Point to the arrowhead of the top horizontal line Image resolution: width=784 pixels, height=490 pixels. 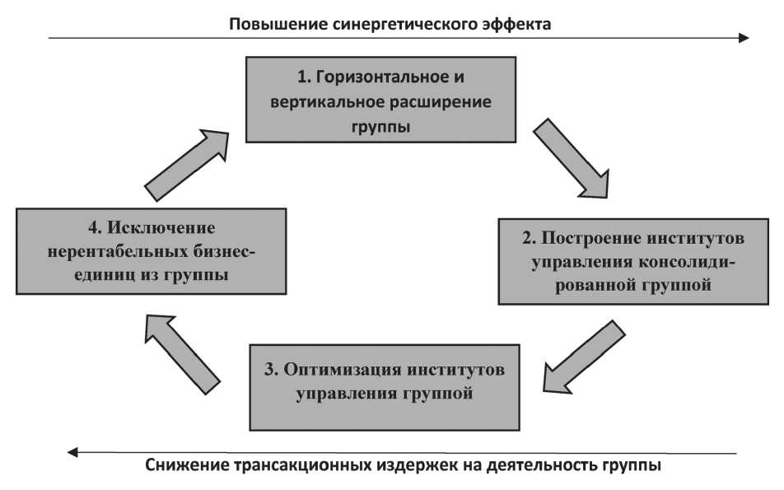744,38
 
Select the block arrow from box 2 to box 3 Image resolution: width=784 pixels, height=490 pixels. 583,357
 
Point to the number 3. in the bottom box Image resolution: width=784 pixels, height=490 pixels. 271,370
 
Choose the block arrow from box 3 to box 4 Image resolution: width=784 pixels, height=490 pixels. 181,353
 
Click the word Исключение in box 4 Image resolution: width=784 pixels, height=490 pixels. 161,228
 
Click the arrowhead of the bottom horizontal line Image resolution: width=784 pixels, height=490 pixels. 73,452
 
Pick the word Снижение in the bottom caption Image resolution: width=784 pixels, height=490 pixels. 185,465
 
